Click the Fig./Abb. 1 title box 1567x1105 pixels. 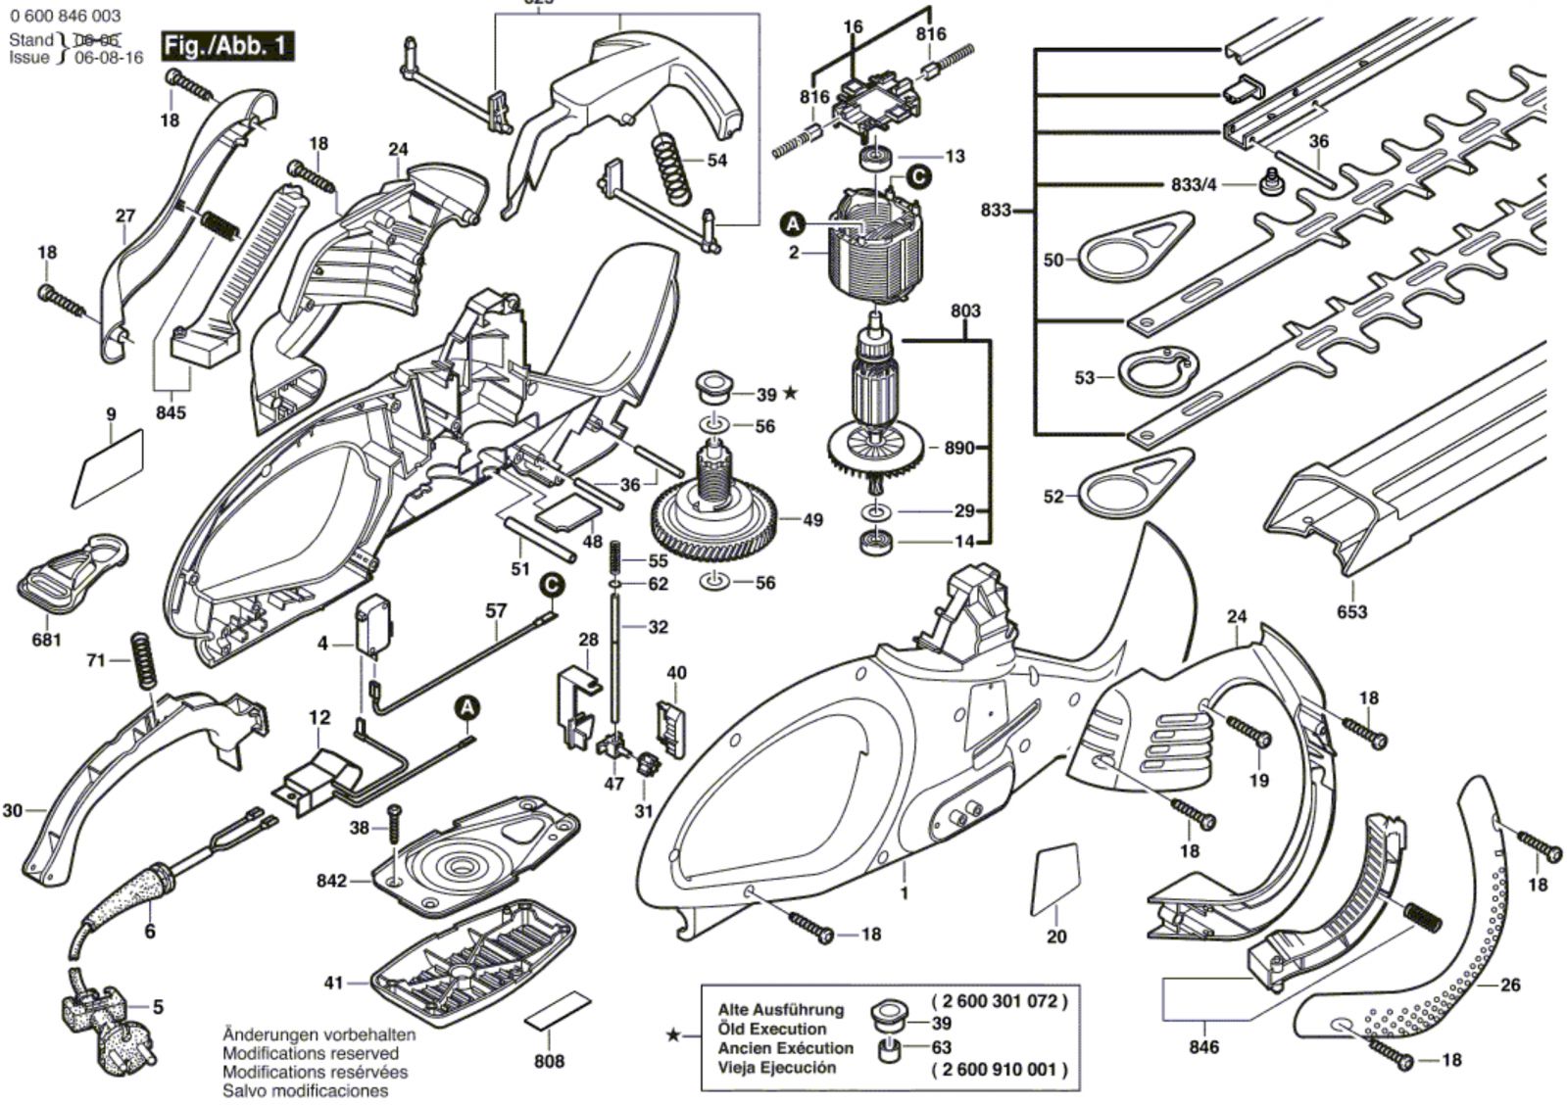coord(227,45)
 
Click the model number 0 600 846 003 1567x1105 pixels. coord(66,16)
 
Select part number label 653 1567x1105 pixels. coord(1352,612)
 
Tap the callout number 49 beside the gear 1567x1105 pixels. coord(812,520)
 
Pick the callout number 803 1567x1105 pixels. coord(964,312)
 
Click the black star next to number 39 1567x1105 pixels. coord(791,394)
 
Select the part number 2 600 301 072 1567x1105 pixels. coord(999,1001)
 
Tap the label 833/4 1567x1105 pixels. coord(1194,184)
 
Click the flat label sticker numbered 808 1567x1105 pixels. coord(560,1011)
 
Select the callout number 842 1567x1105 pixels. coord(331,882)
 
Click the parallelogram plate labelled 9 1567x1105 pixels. coord(108,470)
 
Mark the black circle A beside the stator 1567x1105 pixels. coord(793,225)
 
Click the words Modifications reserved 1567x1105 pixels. coord(311,1053)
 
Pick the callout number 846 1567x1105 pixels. coord(1203,1047)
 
